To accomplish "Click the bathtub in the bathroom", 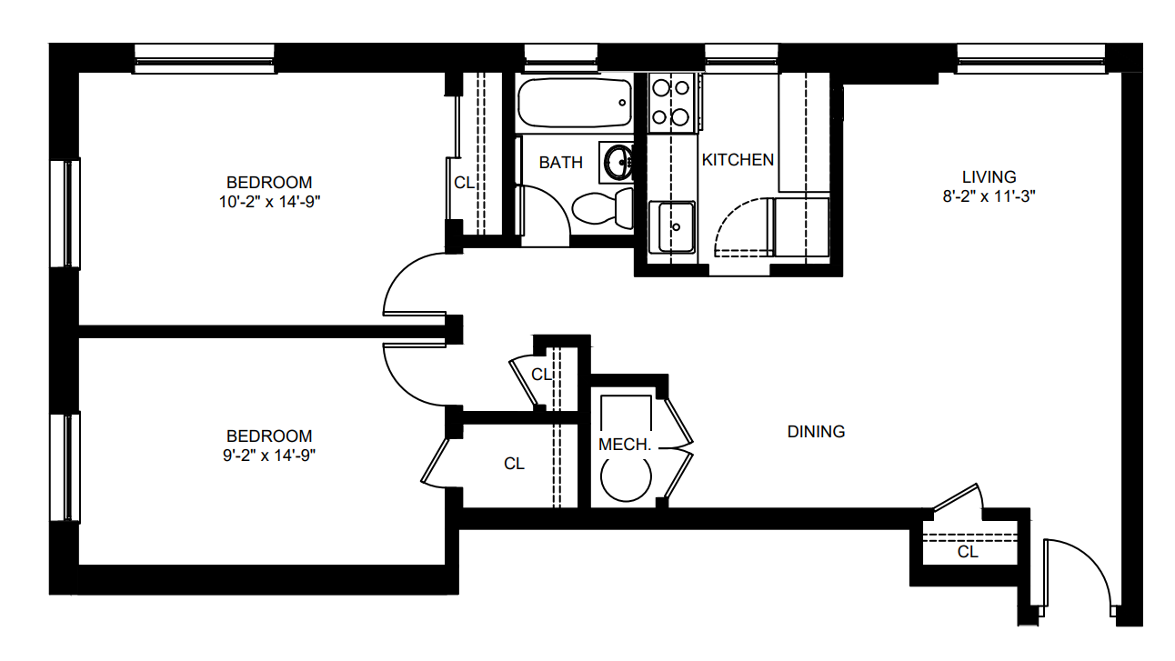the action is click(575, 103).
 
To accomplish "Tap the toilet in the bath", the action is click(603, 208).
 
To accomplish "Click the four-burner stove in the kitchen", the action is click(671, 103).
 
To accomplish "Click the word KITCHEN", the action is click(738, 160).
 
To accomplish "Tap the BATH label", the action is click(561, 163).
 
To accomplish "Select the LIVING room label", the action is click(989, 176).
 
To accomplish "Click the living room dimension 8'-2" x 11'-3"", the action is click(989, 196).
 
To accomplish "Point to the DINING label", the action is click(816, 432).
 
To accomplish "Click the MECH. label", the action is click(625, 445).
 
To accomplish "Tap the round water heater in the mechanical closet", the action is click(626, 477).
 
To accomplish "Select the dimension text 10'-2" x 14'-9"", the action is click(269, 202).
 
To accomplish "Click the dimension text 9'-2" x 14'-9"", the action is click(269, 456).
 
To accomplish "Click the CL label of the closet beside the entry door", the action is click(968, 552).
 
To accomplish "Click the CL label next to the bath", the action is click(464, 183).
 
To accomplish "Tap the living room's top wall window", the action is click(1030, 59).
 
